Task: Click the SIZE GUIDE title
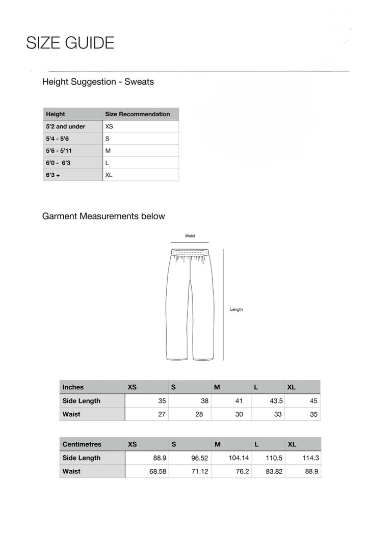point(70,43)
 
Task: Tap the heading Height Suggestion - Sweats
point(98,82)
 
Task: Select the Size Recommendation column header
point(137,114)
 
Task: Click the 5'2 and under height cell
point(66,126)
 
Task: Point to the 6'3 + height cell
point(53,175)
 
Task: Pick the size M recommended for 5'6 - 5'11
point(108,151)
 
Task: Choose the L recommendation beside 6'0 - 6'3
point(108,163)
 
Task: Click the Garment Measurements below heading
point(103,216)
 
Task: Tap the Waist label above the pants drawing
point(190,236)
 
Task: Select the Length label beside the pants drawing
point(236,310)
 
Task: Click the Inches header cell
point(73,387)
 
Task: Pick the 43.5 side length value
point(276,401)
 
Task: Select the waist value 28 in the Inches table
point(199,414)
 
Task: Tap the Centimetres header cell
point(82,444)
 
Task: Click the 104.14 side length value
point(239,458)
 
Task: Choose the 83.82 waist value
point(274,471)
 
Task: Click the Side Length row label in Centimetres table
point(81,458)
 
